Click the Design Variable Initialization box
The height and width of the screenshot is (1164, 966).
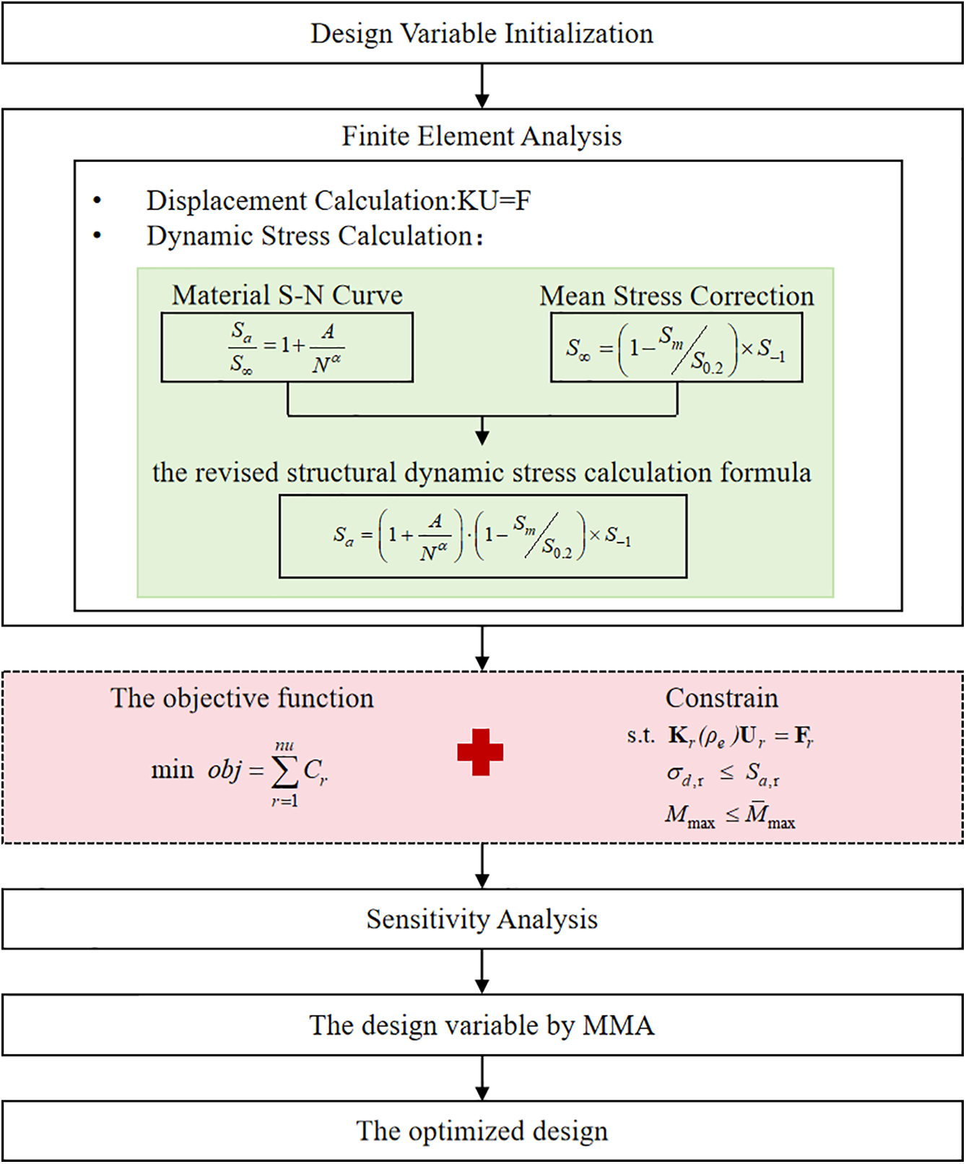tap(482, 33)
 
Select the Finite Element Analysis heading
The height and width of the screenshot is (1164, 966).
tap(482, 136)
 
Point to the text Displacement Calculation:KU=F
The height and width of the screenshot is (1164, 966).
tap(339, 201)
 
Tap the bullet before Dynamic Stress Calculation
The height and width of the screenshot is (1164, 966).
tap(97, 235)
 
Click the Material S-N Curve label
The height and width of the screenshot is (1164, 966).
tap(287, 295)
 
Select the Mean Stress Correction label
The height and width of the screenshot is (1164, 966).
tap(676, 296)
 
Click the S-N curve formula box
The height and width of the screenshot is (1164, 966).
tap(287, 347)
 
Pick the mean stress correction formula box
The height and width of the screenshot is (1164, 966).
tap(676, 347)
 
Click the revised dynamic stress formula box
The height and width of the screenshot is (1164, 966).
tap(483, 536)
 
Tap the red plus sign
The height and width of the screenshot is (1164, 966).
tap(480, 752)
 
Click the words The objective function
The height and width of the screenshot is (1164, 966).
tap(242, 698)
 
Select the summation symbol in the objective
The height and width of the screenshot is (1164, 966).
tap(284, 773)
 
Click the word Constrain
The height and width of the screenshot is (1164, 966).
tap(722, 698)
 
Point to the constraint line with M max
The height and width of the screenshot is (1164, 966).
tap(730, 815)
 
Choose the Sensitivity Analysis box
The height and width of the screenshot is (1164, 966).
tap(482, 919)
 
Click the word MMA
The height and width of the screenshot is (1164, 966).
tap(618, 1025)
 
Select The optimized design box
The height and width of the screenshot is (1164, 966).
tap(482, 1131)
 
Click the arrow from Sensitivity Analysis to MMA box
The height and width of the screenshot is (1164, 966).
tap(482, 971)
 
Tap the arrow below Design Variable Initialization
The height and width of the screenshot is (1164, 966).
tap(482, 86)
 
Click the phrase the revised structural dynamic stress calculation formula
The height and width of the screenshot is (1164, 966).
tap(482, 473)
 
